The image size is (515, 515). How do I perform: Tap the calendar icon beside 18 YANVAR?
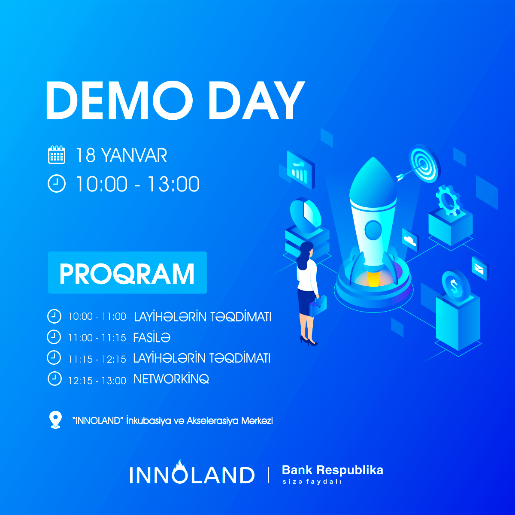coord(56,155)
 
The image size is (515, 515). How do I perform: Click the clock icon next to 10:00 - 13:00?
coord(56,184)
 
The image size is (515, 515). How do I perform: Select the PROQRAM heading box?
coord(127,273)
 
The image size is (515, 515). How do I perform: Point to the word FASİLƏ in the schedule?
coord(151,338)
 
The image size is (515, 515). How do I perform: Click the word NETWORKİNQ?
coord(171,379)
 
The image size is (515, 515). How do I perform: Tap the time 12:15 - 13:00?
coord(97,381)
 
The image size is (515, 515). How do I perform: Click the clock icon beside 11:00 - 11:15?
coord(54,337)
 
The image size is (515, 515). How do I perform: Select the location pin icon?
coord(56,420)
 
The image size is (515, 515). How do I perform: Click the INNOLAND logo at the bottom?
coord(192,473)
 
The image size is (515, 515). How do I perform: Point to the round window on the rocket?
coord(373,230)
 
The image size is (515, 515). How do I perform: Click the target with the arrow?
coord(424,163)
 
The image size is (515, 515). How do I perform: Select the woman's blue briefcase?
coord(318,306)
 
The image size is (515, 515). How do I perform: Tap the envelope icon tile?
coord(480,269)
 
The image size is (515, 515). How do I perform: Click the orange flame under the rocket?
coord(373,279)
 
